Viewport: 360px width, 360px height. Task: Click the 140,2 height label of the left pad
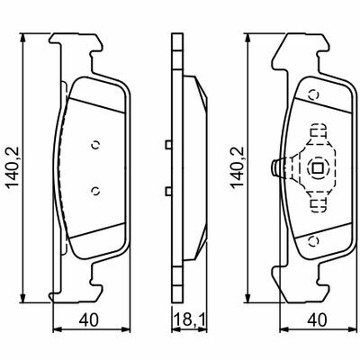tap(13, 166)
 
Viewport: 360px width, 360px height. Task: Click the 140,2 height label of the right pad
tap(237, 166)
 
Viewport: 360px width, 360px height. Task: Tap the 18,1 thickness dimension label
tap(190, 319)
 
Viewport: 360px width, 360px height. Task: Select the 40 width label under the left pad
tap(88, 319)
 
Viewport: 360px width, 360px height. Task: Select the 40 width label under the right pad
tap(317, 319)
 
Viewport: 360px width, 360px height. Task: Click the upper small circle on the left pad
tap(95, 145)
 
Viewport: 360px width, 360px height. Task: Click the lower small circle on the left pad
tap(95, 191)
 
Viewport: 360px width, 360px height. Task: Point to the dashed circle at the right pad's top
tap(314, 95)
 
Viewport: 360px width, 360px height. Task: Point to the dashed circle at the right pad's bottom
tap(314, 241)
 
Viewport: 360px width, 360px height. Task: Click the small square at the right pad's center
tap(317, 168)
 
